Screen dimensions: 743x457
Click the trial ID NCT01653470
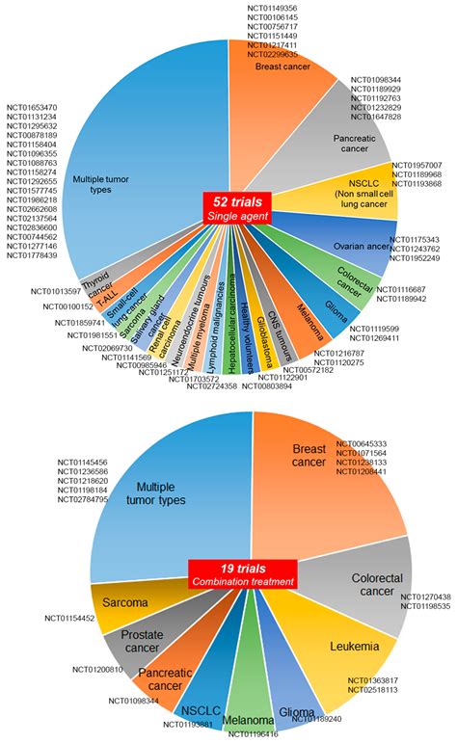point(32,107)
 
